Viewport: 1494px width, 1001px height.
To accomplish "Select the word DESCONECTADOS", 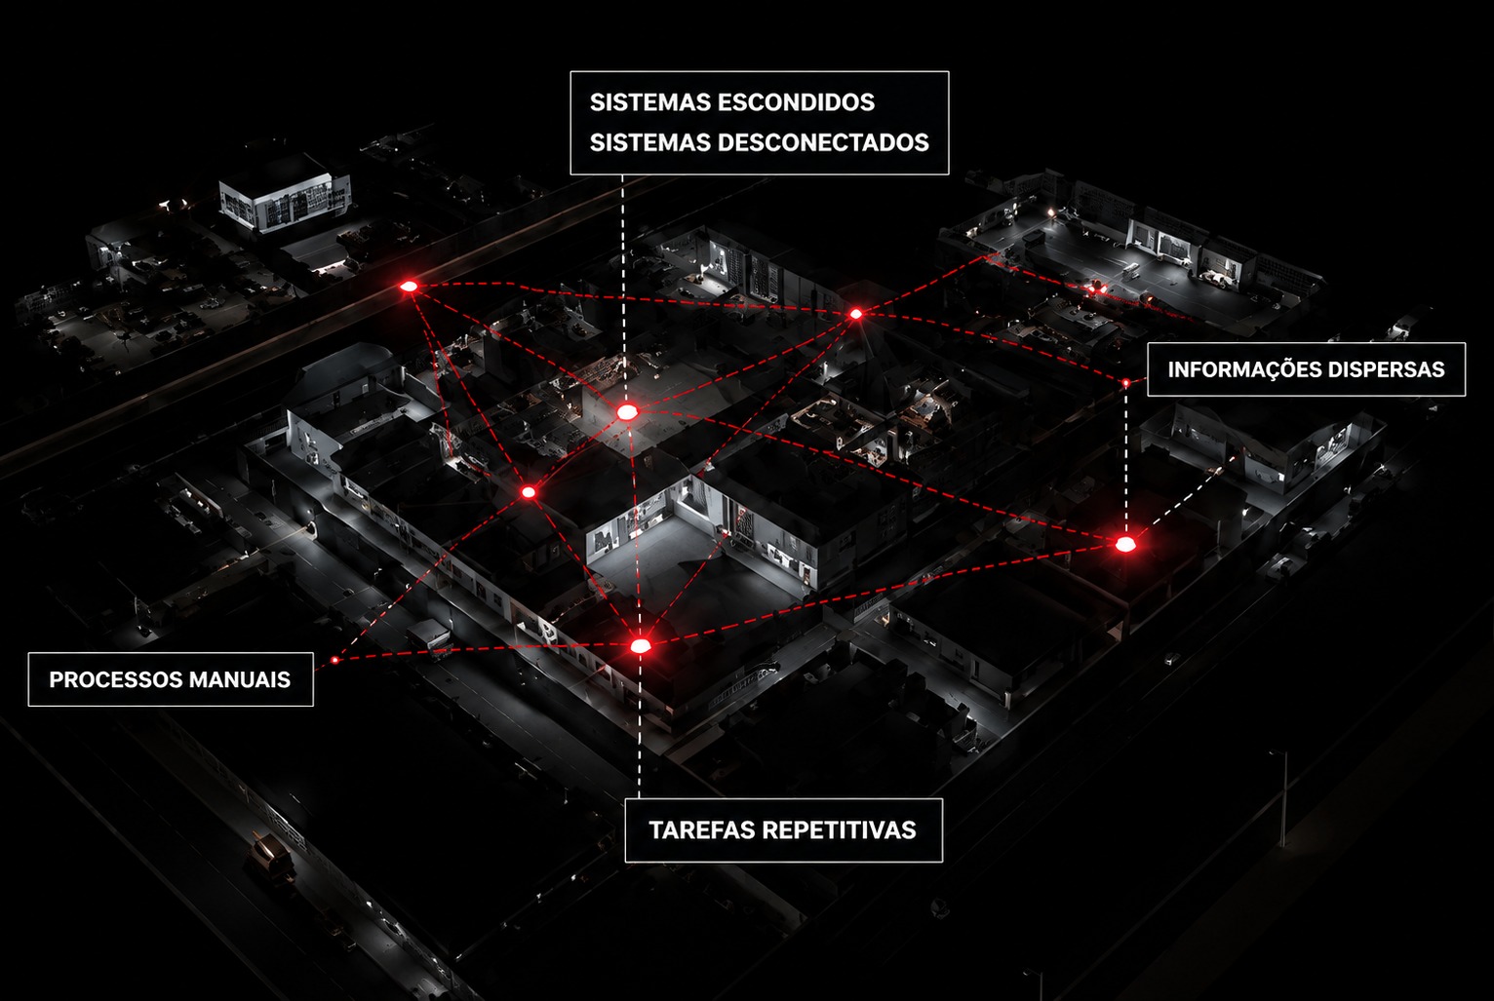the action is [x=823, y=142].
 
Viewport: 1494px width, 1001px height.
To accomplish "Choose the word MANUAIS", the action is [x=240, y=679].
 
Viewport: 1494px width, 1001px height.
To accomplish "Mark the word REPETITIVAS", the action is [x=839, y=830].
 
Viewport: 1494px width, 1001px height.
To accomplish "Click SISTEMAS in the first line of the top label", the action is [x=650, y=102].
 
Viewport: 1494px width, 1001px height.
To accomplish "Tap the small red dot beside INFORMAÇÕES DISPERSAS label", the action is [x=1125, y=383].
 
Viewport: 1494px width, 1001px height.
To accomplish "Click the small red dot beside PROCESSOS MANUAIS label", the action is [x=334, y=660].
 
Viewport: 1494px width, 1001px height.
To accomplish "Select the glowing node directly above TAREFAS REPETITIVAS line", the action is [x=641, y=645].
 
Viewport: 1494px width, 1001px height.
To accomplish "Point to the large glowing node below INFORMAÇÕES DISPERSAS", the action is [x=1125, y=545].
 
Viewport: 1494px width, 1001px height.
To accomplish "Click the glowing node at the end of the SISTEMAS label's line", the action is [x=627, y=412].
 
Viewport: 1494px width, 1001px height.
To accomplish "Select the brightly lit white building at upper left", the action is [x=286, y=197].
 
